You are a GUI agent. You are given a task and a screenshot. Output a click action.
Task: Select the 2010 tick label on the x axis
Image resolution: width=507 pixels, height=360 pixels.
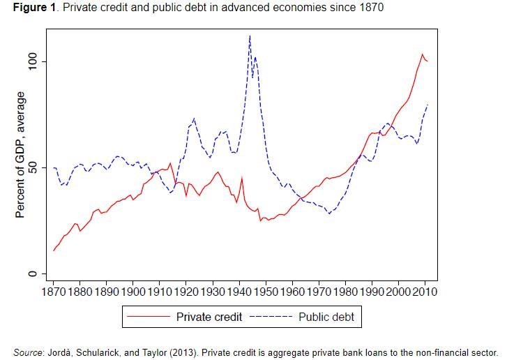pos(424,292)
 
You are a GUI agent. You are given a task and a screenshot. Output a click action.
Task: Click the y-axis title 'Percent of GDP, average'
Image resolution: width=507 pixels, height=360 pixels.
pos(21,155)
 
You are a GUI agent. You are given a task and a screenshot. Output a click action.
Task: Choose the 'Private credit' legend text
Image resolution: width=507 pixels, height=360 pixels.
pos(209,317)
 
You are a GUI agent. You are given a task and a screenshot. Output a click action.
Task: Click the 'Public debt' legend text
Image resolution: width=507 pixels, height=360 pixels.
pos(326,317)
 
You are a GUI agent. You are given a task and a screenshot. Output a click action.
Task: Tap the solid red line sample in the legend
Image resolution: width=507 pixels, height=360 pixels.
pos(149,317)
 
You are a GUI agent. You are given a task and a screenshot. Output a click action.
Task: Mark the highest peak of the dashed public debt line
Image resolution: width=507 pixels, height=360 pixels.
pos(250,36)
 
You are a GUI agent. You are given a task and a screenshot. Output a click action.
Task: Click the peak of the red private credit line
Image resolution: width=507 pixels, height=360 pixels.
pos(422,54)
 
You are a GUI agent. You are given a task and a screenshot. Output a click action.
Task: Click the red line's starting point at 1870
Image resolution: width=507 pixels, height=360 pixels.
pos(54,250)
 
